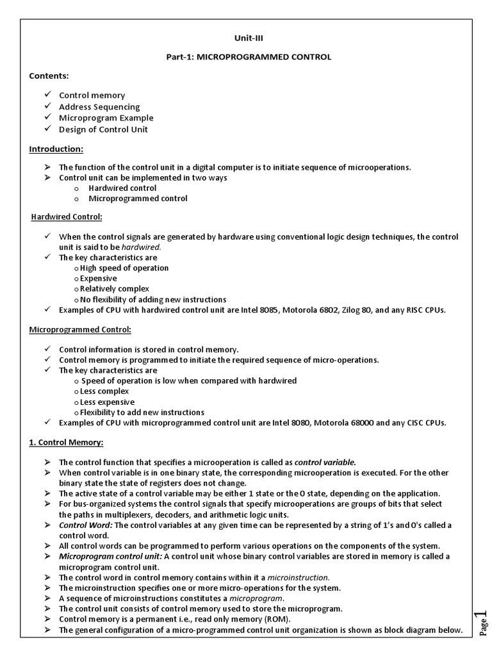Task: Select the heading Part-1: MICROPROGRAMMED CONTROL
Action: point(248,57)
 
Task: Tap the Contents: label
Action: point(49,76)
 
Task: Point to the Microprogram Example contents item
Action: point(106,118)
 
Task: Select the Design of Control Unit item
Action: point(103,129)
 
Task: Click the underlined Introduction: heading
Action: point(56,149)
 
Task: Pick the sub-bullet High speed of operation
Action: point(124,268)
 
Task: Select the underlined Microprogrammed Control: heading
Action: point(80,329)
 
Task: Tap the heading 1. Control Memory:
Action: point(66,442)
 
